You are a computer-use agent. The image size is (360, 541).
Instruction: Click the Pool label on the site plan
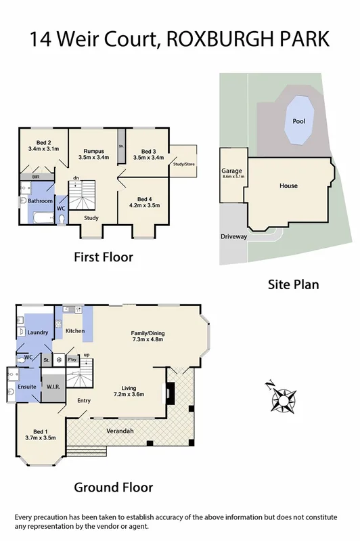298,121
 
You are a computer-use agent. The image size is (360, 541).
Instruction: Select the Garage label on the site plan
231,172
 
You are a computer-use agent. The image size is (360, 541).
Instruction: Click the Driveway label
233,237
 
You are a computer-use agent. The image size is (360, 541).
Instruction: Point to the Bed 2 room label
43,142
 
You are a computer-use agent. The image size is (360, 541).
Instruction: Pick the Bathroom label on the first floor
40,200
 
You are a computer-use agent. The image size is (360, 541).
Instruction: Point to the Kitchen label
74,330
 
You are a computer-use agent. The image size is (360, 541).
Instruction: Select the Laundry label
36,332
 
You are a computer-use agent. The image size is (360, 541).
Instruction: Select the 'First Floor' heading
103,257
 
